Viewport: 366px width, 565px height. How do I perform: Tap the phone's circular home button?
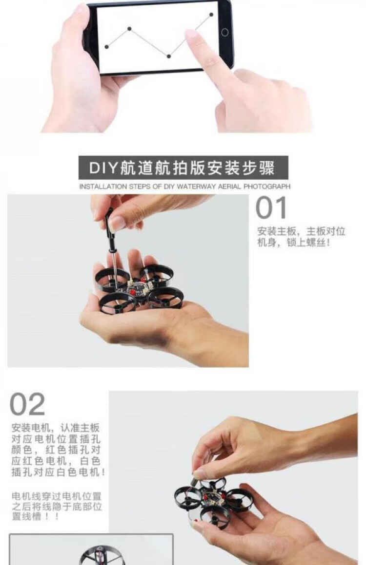(225, 33)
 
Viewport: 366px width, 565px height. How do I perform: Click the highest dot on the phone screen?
(211, 15)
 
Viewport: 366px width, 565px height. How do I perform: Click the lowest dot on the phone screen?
(168, 56)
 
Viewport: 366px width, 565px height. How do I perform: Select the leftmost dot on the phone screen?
(106, 46)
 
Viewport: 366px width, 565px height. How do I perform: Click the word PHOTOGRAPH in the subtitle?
(267, 187)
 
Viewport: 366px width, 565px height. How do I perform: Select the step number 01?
(271, 207)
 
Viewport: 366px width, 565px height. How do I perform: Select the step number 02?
(27, 404)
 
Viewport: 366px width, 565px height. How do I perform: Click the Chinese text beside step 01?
(301, 237)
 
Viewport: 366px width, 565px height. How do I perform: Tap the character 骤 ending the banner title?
(266, 168)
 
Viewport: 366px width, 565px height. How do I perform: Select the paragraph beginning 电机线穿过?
(57, 506)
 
